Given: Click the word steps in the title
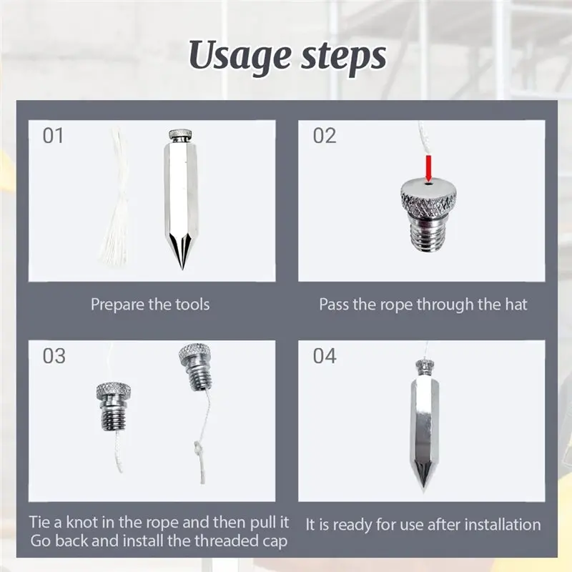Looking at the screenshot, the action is click(343, 57).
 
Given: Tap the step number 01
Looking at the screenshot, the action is click(53, 135).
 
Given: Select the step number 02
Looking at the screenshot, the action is click(325, 135).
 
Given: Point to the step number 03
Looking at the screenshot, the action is click(54, 355).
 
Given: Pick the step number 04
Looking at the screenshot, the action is click(325, 355).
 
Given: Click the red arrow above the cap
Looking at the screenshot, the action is click(428, 168).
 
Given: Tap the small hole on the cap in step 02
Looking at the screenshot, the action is click(428, 184).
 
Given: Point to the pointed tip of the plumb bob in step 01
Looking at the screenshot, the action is click(182, 269).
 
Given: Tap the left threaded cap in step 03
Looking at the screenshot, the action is click(114, 406).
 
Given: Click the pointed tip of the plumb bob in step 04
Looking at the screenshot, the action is click(423, 491).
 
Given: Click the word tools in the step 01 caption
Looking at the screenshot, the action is click(192, 305).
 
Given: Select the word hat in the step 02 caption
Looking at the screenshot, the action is click(516, 305).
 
